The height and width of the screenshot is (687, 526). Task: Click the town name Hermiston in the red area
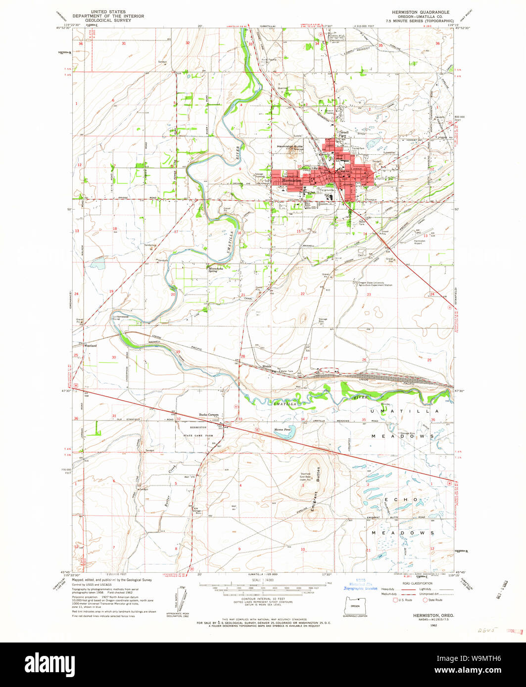click(x=290, y=181)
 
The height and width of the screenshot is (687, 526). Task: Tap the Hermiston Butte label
click(x=289, y=147)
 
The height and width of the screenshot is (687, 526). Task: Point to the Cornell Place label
click(x=343, y=134)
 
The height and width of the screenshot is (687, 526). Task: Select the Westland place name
click(x=90, y=345)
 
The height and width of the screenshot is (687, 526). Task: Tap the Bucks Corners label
click(x=208, y=415)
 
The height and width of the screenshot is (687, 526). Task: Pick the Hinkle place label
click(x=267, y=366)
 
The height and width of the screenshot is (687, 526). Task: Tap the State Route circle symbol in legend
click(x=425, y=600)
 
